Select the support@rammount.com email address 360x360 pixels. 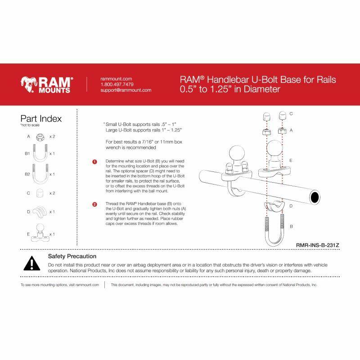coord(126,90)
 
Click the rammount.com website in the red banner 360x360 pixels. coord(116,78)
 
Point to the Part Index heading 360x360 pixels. coord(41,119)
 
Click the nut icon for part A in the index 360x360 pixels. coord(40,136)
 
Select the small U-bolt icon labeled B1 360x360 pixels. coord(40,153)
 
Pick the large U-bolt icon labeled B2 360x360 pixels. coord(40,174)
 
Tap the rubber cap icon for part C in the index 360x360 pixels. coord(40,193)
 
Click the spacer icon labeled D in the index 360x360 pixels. coord(40,211)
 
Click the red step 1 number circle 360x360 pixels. coord(94,162)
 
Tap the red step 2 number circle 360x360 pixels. coord(94,204)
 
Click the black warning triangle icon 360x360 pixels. coord(31,264)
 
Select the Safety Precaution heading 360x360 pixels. coord(72,256)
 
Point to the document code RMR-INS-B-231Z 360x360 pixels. coord(317,245)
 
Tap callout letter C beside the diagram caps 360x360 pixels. coord(291,114)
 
